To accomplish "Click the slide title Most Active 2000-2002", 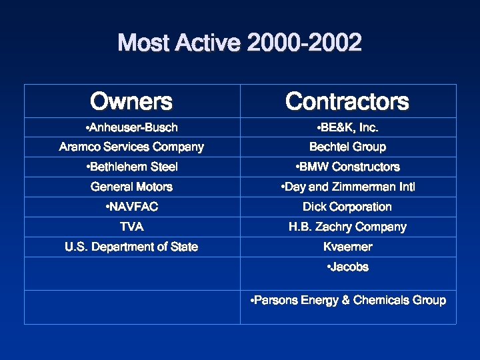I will click(x=240, y=43).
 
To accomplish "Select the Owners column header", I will click(x=131, y=101).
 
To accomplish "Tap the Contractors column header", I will click(x=347, y=101).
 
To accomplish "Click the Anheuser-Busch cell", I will click(x=133, y=127).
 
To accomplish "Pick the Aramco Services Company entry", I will click(x=131, y=147).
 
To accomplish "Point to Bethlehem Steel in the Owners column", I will click(x=133, y=167).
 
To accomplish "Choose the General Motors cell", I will click(x=131, y=187).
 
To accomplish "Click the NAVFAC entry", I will click(x=133, y=207).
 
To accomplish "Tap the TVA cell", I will click(x=131, y=227).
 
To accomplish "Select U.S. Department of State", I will click(x=131, y=247).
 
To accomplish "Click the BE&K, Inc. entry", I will click(x=348, y=127).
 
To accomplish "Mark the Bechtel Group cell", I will click(x=347, y=147).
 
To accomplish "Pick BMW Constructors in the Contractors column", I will click(x=348, y=167).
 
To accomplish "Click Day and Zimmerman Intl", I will click(x=348, y=187).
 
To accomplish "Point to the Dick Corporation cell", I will click(x=347, y=207).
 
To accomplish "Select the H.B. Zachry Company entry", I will click(x=347, y=227).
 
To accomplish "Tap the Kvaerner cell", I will click(x=347, y=247).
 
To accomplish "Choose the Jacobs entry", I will click(x=348, y=267).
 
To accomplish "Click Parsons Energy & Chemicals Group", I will click(x=348, y=300).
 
